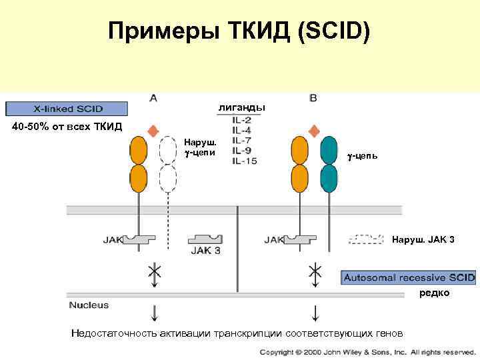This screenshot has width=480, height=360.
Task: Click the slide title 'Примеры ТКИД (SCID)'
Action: click(239, 32)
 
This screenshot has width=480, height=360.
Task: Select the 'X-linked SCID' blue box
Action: click(67, 108)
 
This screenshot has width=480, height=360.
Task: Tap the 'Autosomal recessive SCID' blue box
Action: click(408, 277)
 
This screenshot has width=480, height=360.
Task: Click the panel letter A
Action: click(153, 98)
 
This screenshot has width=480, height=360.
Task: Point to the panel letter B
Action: click(313, 98)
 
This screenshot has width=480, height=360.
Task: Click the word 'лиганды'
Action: click(241, 107)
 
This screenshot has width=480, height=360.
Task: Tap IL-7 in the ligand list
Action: click(242, 140)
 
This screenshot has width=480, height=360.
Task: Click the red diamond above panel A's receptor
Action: click(153, 130)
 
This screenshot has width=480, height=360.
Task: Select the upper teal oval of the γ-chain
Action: click(328, 150)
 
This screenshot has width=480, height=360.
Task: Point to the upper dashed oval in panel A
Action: click(169, 151)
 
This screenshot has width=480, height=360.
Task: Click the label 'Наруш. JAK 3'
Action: click(423, 239)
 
